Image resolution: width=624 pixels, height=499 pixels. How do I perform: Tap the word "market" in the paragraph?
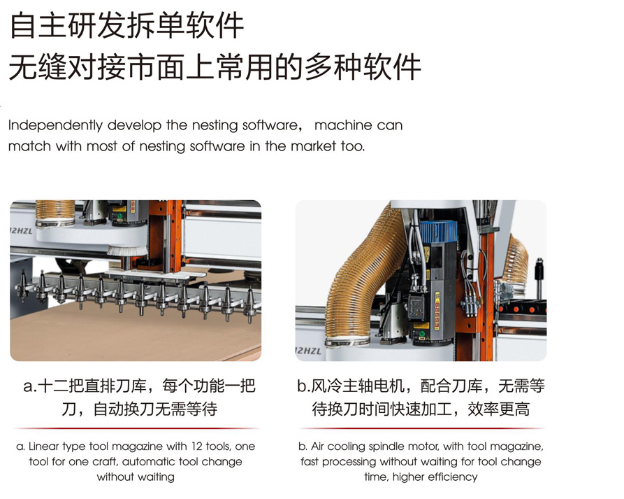314,146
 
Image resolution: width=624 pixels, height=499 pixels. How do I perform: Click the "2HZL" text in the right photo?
308,351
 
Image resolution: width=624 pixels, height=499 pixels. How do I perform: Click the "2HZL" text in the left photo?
22,232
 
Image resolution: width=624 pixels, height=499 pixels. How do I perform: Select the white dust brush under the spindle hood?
127,251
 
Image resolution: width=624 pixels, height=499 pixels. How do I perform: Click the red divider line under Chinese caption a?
136,428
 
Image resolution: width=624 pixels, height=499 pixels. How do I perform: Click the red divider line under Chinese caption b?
421,428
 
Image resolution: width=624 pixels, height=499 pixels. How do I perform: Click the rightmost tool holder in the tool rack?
251,304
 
